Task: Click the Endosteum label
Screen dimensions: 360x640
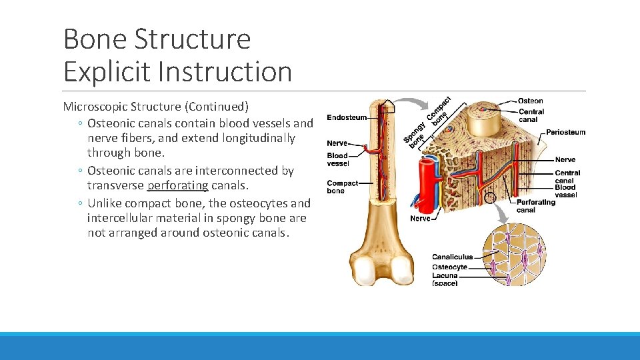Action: pyautogui.click(x=346, y=118)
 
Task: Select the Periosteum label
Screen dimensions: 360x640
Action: pyautogui.click(x=565, y=132)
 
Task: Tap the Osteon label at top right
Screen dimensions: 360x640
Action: pyautogui.click(x=530, y=101)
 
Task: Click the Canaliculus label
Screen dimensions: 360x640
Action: pyautogui.click(x=452, y=257)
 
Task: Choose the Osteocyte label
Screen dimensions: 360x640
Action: pyautogui.click(x=449, y=267)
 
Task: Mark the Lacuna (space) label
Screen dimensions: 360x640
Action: pyautogui.click(x=445, y=279)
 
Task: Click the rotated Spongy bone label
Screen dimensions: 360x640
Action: pyautogui.click(x=415, y=133)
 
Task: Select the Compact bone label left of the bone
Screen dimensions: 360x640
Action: pyautogui.click(x=342, y=187)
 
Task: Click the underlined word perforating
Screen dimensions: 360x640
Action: pyautogui.click(x=177, y=185)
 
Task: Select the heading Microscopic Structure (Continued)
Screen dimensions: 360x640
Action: pyautogui.click(x=155, y=106)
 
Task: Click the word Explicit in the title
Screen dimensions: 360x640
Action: pyautogui.click(x=105, y=72)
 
